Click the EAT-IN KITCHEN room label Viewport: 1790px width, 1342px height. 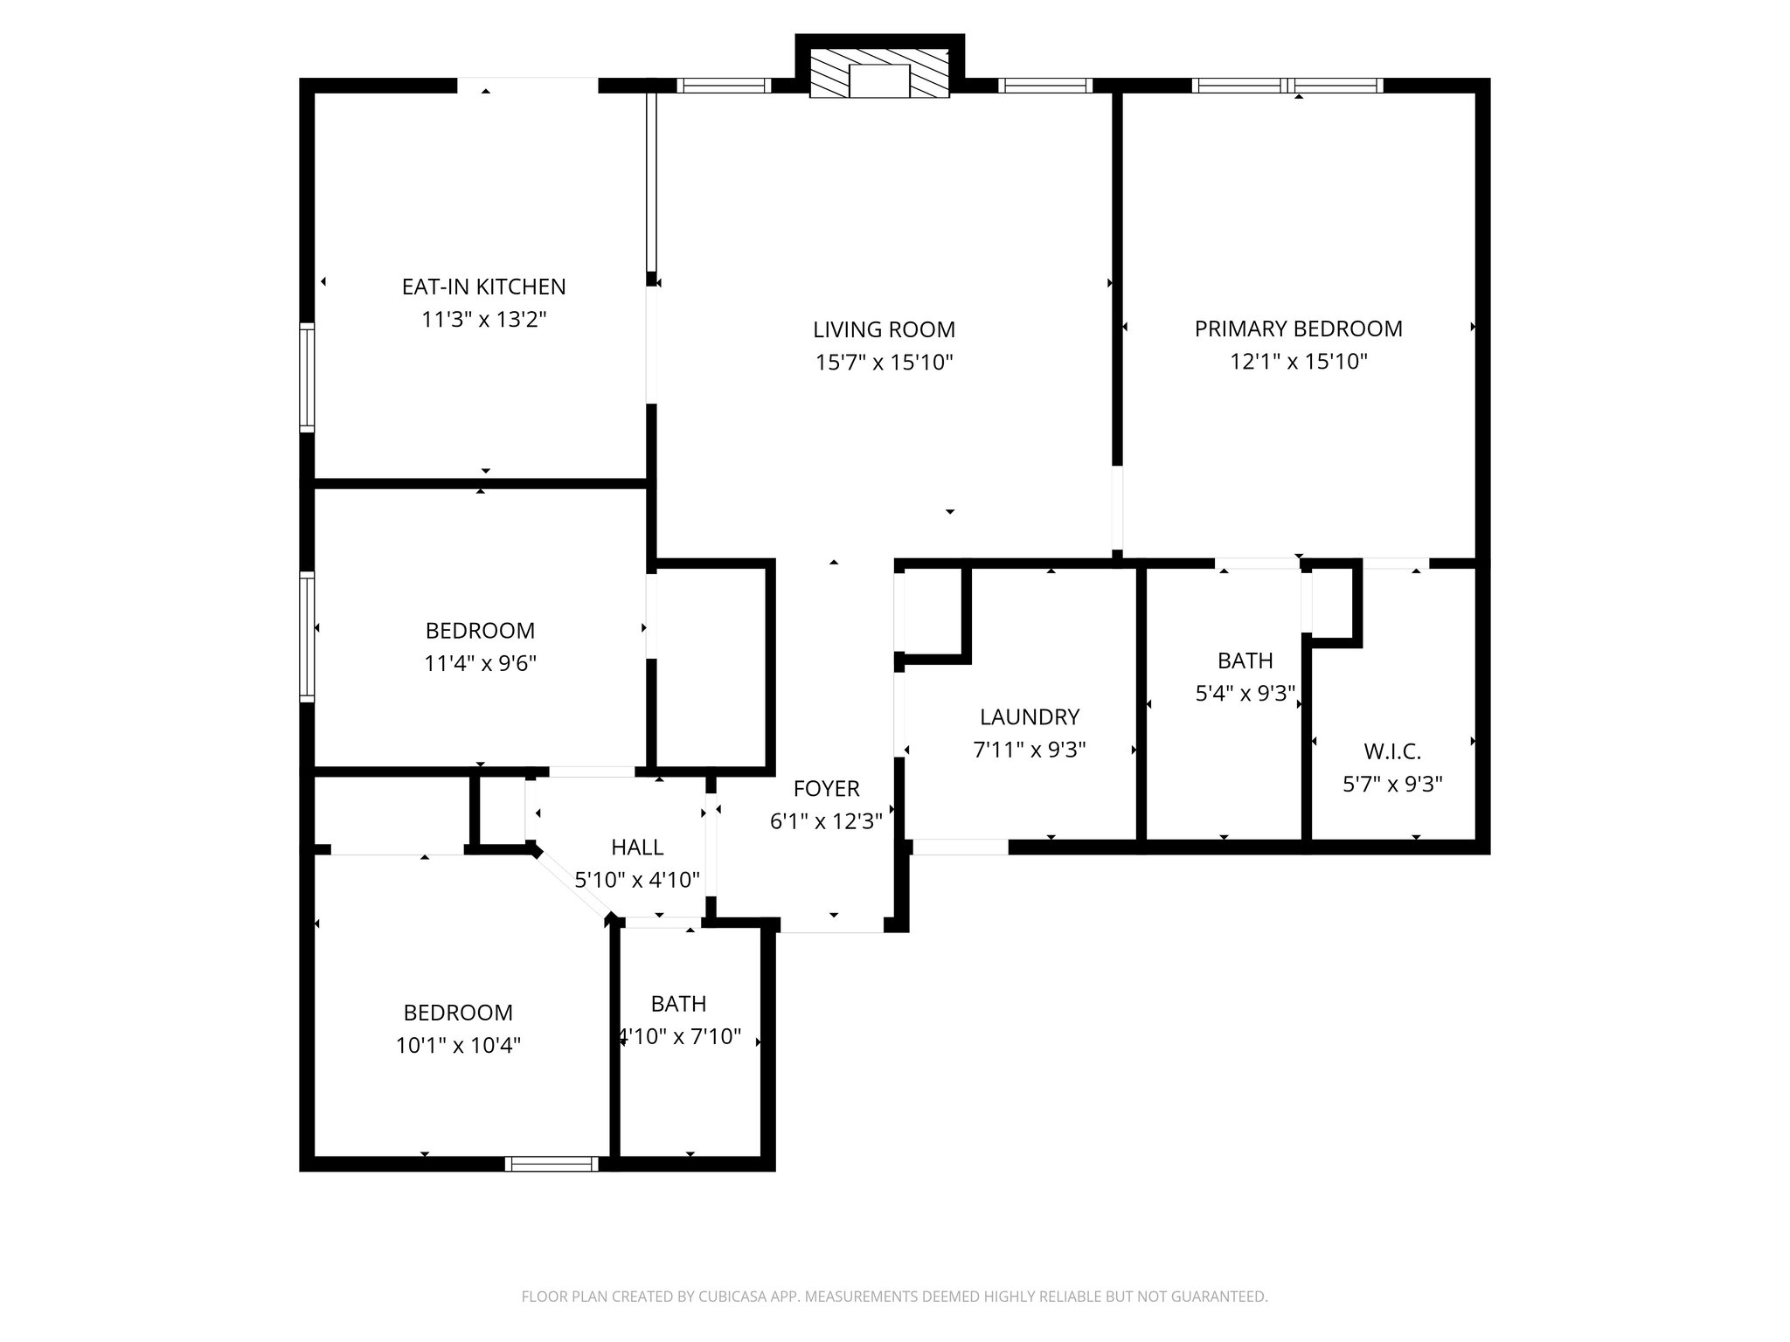483,287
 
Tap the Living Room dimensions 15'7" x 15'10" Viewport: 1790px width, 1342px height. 884,362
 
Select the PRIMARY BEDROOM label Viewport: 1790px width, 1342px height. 1298,329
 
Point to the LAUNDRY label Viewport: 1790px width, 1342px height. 1029,717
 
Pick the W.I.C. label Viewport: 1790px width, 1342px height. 1391,751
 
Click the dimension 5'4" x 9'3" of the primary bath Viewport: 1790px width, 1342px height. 1245,694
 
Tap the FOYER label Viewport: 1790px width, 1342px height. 826,789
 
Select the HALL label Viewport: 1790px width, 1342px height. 636,847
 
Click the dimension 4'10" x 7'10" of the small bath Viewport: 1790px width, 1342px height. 679,1037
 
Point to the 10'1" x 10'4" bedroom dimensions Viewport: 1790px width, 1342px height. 458,1046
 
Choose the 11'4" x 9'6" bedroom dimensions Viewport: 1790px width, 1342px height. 480,663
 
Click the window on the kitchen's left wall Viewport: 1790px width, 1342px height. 307,377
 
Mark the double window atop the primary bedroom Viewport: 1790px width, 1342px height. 1287,86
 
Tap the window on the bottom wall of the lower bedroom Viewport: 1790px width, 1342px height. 552,1164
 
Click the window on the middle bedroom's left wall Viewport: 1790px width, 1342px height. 307,636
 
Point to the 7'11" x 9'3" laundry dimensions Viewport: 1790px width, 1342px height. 1029,750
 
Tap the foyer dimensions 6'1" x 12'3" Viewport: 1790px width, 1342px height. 826,821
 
